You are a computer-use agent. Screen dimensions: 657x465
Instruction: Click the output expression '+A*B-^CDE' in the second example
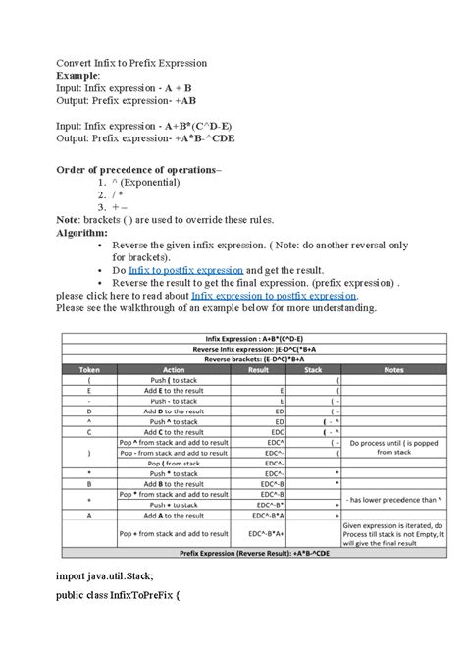(x=215, y=138)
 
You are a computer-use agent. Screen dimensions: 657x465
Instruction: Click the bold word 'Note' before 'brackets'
(x=71, y=220)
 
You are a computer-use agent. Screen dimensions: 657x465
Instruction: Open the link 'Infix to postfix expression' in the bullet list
(x=184, y=270)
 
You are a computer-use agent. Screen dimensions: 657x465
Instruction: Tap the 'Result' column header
(x=259, y=369)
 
